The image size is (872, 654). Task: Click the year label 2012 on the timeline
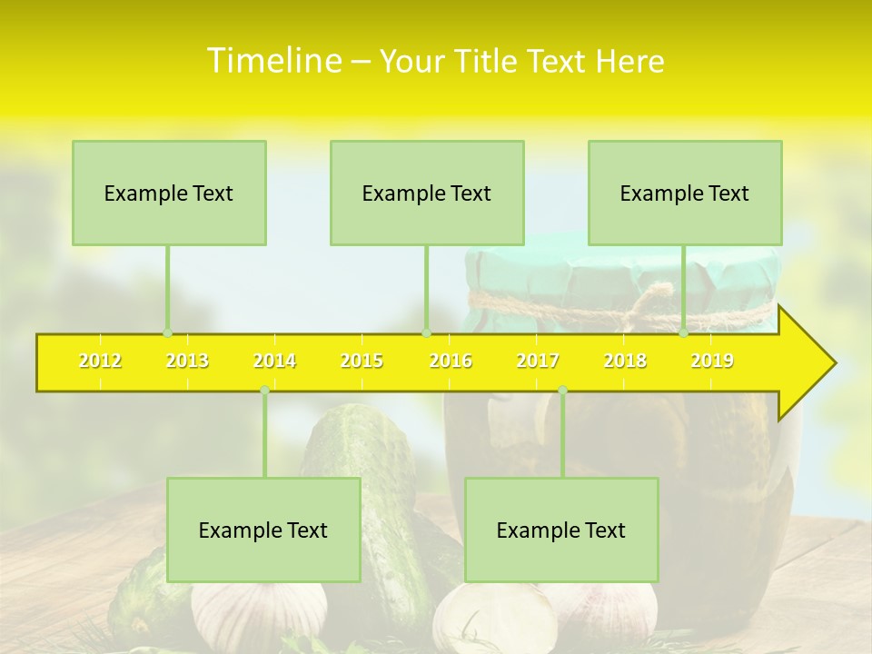pos(100,361)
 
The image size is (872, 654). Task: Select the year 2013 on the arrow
pos(187,361)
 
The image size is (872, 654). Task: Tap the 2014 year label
pos(274,361)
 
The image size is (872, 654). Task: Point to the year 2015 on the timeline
pos(362,361)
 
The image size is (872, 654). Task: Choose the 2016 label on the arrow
pos(451,361)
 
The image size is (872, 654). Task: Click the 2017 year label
pos(538,361)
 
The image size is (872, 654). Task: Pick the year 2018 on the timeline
pos(625,361)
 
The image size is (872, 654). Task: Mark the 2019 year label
pos(712,361)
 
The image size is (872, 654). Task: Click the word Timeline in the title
pos(272,60)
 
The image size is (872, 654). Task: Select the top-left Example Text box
pos(169,193)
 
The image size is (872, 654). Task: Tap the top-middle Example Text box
pos(427,193)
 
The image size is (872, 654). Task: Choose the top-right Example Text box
pos(685,193)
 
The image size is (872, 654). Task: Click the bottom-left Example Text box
pos(263,530)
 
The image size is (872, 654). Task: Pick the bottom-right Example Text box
pos(561,530)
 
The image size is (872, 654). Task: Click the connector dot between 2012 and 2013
pos(167,333)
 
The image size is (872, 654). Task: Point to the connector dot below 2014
pos(264,390)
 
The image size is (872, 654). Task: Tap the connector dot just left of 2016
pos(426,333)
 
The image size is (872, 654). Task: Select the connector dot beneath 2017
pos(562,390)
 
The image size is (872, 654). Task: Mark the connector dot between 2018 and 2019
pos(684,333)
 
